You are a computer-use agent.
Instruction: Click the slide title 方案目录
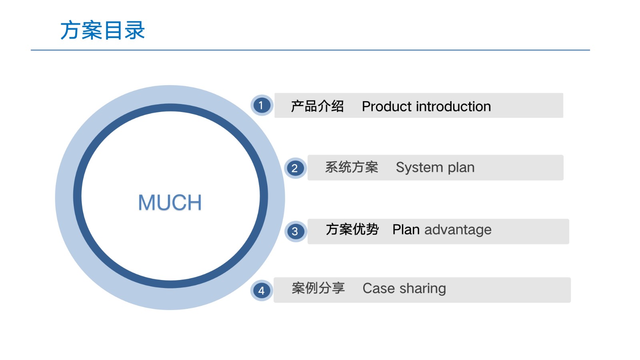102,30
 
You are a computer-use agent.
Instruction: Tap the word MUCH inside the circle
170,202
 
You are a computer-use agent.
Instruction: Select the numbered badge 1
262,105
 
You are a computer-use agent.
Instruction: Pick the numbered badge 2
295,168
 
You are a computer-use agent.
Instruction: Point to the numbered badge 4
262,290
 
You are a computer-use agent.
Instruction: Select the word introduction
454,106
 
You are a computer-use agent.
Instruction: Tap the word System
420,168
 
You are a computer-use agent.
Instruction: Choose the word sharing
422,288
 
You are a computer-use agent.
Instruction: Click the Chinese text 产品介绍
317,106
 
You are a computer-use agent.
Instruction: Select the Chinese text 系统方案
352,167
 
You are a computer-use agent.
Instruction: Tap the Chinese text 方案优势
352,230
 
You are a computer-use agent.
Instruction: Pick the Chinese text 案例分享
318,288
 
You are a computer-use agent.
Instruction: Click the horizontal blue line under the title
310,50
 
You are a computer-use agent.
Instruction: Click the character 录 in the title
134,30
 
